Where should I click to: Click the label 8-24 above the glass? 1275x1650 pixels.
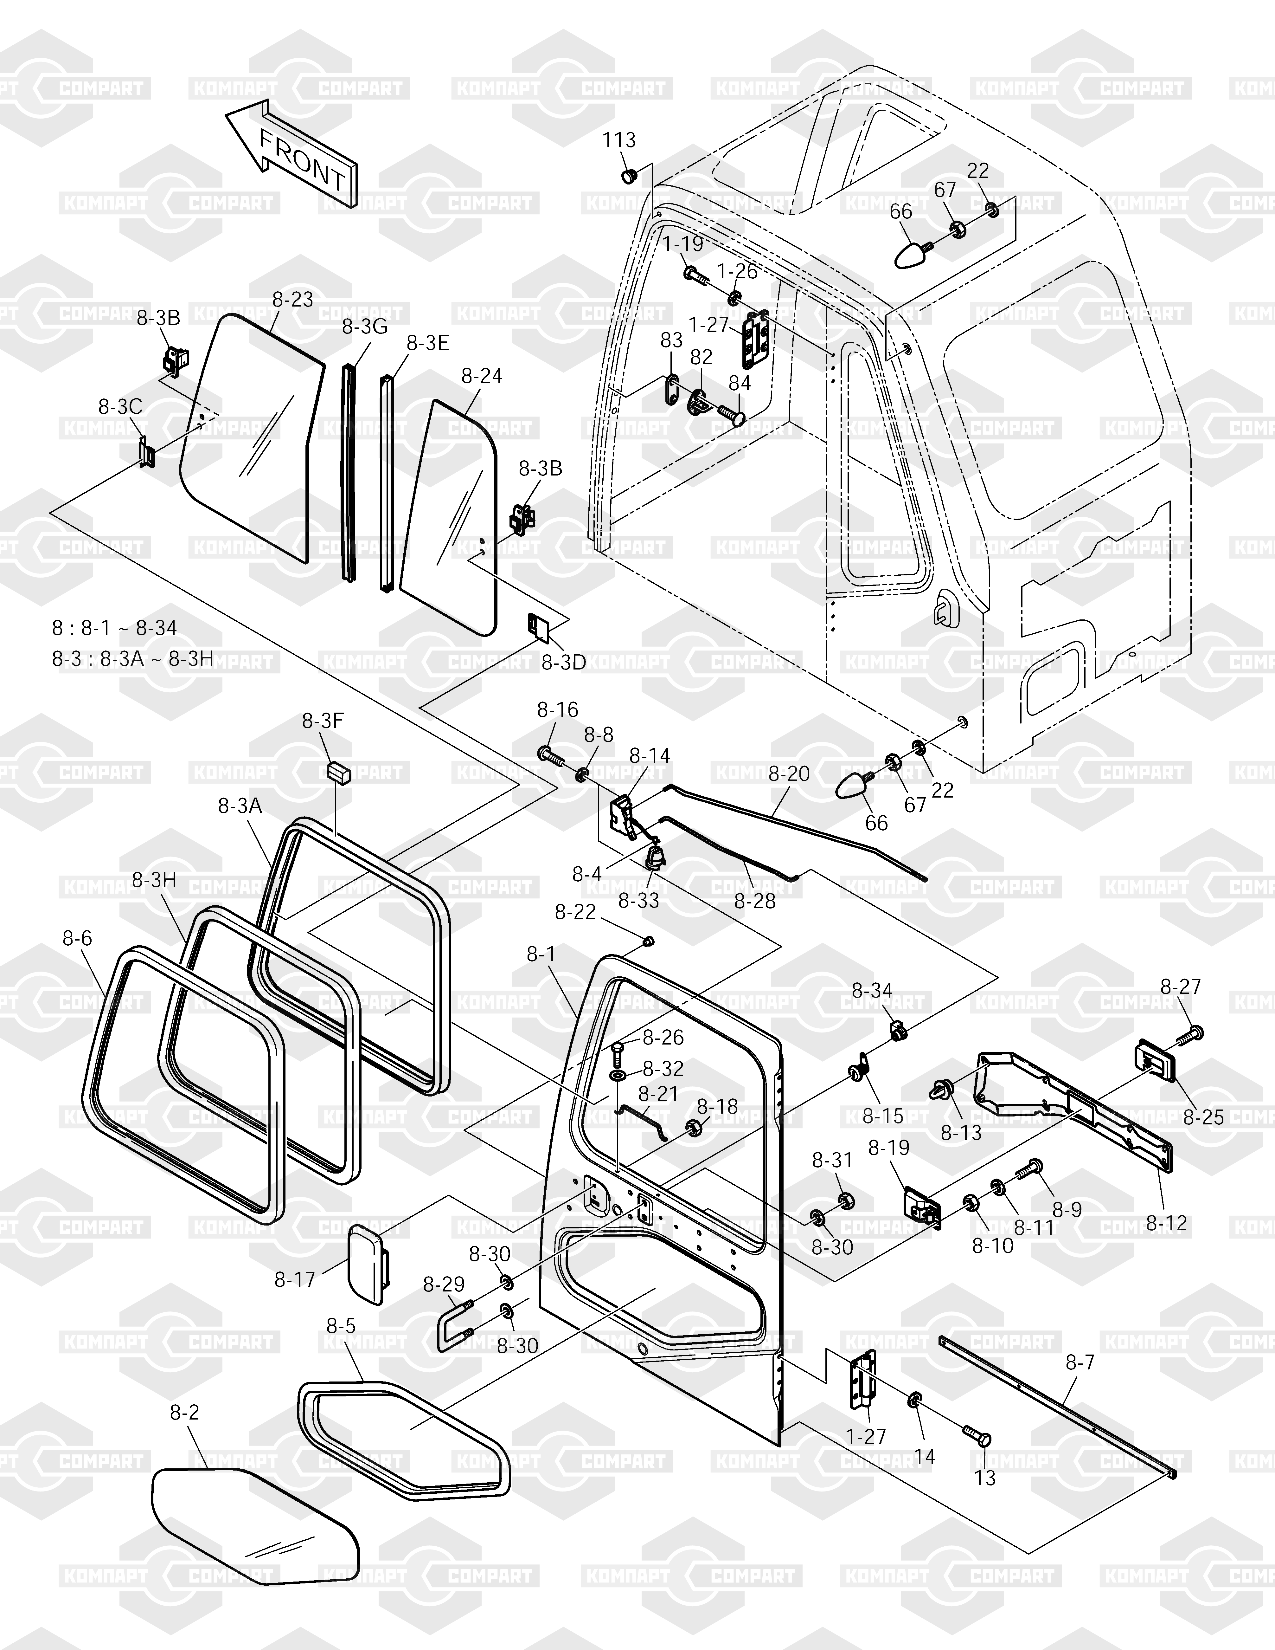pyautogui.click(x=481, y=375)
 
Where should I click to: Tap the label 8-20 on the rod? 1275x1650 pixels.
pyautogui.click(x=789, y=773)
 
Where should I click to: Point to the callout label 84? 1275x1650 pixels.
pyautogui.click(x=740, y=383)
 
